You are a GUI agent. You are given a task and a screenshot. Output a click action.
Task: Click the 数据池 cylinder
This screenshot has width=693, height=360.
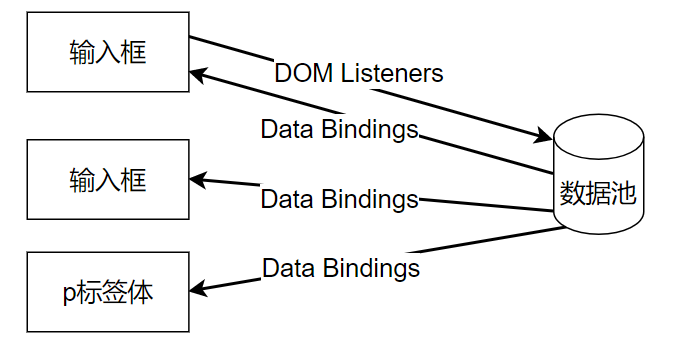pyautogui.click(x=598, y=174)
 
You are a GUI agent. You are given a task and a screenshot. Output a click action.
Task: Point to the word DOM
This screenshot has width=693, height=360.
pyautogui.click(x=304, y=73)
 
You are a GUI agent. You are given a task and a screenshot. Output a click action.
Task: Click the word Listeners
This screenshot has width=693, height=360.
pyautogui.click(x=392, y=73)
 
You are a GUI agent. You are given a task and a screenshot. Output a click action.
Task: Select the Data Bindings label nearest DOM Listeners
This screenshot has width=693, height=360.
pyautogui.click(x=339, y=129)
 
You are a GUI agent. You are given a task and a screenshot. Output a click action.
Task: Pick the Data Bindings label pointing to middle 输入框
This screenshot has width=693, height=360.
pyautogui.click(x=339, y=199)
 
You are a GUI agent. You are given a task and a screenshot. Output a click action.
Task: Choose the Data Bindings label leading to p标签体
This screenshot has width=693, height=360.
pyautogui.click(x=341, y=268)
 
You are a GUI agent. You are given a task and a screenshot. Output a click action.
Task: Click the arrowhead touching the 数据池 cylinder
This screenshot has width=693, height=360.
pyautogui.click(x=544, y=135)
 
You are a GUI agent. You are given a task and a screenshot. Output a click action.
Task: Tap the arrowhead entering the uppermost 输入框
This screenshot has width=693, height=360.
pyautogui.click(x=198, y=75)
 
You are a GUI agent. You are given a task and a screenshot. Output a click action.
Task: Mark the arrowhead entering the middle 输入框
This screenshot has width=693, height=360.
pyautogui.click(x=198, y=180)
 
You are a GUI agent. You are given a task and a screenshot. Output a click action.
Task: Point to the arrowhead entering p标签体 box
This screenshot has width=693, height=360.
pyautogui.click(x=198, y=288)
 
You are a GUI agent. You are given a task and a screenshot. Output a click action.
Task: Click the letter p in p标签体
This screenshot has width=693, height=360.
pyautogui.click(x=69, y=294)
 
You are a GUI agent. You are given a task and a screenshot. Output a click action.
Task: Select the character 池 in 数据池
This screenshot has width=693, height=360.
pyautogui.click(x=624, y=193)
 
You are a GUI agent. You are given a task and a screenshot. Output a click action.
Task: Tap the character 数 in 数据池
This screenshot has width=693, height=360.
pyautogui.click(x=572, y=193)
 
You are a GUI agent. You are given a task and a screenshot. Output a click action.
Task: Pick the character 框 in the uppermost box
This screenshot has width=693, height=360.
pyautogui.click(x=134, y=52)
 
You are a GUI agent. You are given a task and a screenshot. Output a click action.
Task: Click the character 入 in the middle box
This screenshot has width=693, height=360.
pyautogui.click(x=108, y=180)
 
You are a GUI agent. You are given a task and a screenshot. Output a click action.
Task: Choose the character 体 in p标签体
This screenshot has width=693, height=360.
pyautogui.click(x=140, y=292)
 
